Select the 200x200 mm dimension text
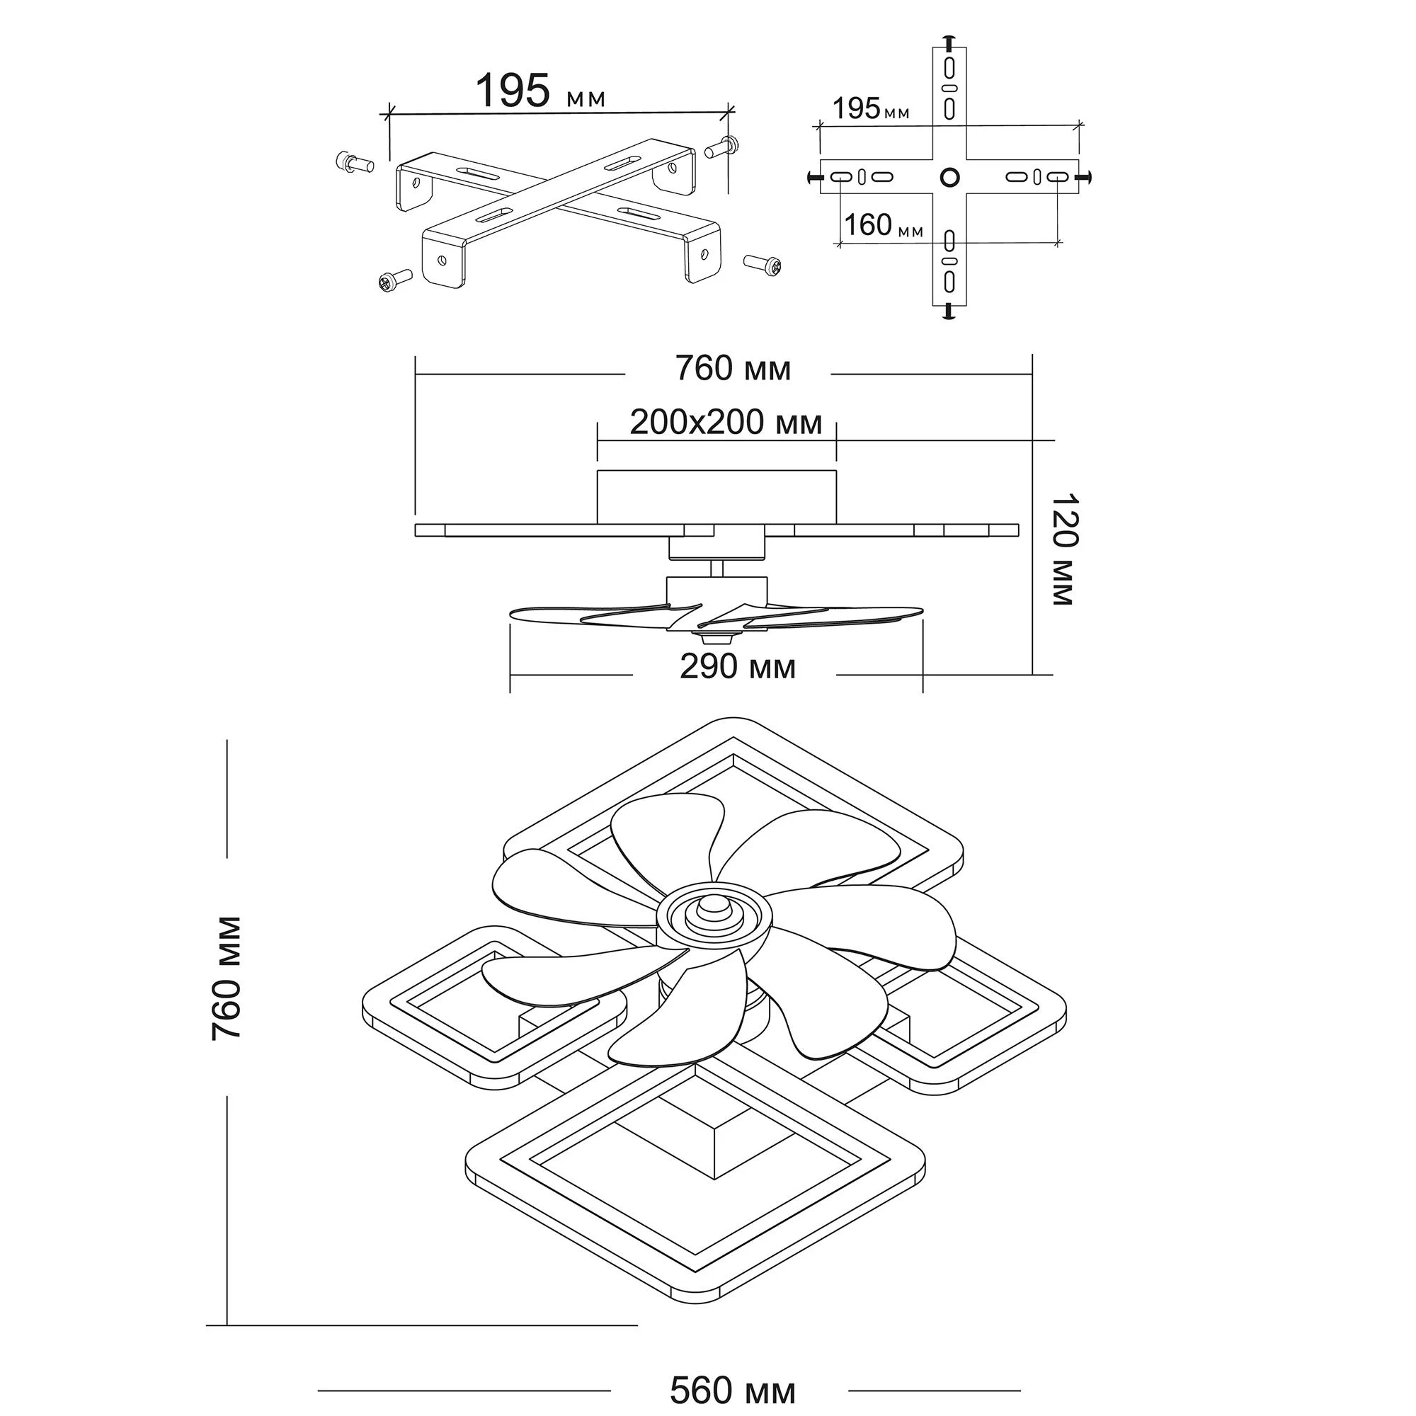coord(726,423)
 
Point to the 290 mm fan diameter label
coord(737,667)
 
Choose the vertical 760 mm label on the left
coord(227,978)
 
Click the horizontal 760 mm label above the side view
coord(733,369)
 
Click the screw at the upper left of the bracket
coord(355,162)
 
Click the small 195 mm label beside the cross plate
coord(871,108)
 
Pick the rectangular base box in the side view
coord(716,496)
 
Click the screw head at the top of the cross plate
coord(949,40)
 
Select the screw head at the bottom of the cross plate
coord(949,313)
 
